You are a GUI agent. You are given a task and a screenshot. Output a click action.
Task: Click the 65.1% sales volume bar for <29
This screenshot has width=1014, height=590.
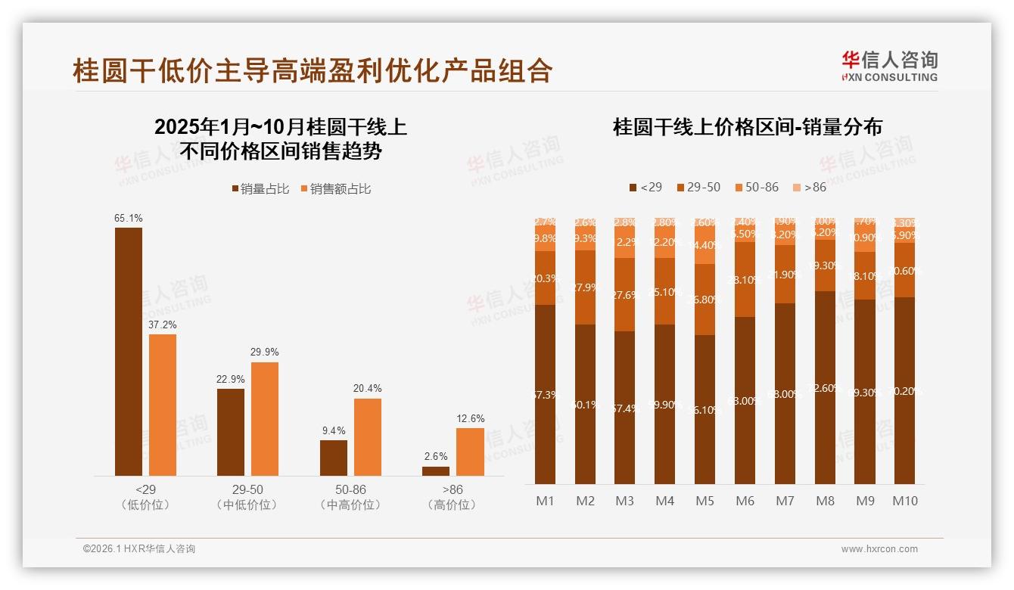(x=129, y=352)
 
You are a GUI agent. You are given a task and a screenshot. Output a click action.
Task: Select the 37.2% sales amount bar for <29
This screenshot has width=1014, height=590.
(x=163, y=405)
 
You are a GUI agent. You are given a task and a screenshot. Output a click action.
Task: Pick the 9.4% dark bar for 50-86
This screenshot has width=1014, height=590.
(x=334, y=458)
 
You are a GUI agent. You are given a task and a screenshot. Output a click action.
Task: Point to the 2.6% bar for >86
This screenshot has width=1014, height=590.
(x=436, y=470)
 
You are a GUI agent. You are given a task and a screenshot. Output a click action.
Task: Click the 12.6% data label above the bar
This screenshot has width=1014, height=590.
(x=471, y=418)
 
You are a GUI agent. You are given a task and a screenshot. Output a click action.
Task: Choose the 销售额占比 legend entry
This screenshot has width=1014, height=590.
(x=335, y=189)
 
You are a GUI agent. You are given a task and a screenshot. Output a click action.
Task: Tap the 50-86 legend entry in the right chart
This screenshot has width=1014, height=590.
(x=756, y=187)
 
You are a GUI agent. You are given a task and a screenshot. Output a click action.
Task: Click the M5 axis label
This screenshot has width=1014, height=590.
(x=705, y=501)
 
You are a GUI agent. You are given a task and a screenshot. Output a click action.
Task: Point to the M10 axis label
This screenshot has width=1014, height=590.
(x=904, y=501)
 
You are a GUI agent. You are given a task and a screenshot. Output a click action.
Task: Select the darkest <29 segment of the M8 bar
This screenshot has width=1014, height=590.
(x=825, y=387)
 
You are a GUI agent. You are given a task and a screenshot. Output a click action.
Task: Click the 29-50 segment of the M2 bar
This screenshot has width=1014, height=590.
(x=585, y=287)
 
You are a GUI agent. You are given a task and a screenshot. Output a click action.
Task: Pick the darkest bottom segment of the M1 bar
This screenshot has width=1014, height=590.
(x=545, y=394)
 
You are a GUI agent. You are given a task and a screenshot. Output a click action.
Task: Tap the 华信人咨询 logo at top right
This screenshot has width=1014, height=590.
(x=889, y=66)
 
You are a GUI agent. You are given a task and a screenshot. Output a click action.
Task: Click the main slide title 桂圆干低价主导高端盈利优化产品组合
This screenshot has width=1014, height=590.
(x=313, y=70)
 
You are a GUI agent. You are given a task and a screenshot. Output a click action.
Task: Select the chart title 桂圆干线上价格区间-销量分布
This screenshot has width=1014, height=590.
(x=748, y=127)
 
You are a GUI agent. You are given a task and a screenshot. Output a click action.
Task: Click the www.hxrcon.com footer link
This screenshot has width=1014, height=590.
(x=879, y=549)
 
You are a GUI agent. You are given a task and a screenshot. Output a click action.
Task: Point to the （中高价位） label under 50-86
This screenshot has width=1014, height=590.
(x=350, y=505)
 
